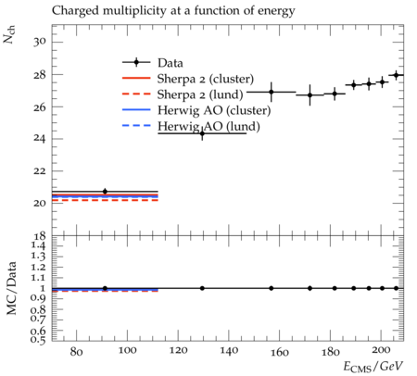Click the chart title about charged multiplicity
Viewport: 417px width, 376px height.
point(173,11)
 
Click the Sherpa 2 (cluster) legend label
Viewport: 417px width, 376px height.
point(206,79)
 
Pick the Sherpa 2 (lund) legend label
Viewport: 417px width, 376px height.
point(200,94)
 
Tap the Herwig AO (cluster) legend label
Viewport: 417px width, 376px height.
point(214,110)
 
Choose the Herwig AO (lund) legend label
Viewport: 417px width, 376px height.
point(208,127)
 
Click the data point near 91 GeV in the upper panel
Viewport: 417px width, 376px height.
point(105,192)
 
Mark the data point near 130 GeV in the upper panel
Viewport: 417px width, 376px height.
point(202,133)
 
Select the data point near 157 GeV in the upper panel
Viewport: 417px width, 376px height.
point(272,92)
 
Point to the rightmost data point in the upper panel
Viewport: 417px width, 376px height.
point(397,75)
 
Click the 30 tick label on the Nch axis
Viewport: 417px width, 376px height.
point(40,42)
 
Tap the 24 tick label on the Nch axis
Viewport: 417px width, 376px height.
point(40,139)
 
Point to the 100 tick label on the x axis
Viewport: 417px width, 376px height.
point(127,351)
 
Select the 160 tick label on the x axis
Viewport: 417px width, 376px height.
point(280,352)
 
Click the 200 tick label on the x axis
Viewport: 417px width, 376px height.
point(381,351)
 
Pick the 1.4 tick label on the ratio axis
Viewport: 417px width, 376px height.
point(38,246)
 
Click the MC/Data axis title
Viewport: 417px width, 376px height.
point(11,288)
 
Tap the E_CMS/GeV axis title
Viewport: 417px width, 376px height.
point(373,367)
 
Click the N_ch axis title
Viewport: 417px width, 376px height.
point(8,34)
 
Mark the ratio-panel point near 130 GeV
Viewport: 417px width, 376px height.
point(202,288)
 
